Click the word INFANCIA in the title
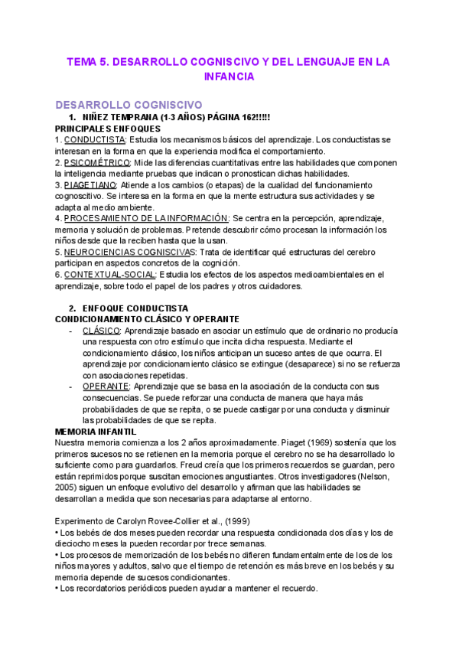[229, 77]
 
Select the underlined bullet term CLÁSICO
[101, 330]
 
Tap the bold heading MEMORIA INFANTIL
[96, 432]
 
